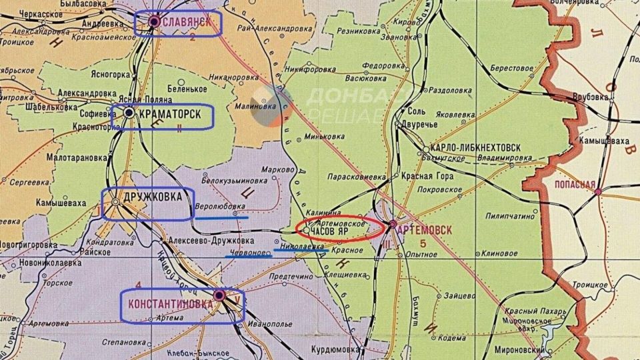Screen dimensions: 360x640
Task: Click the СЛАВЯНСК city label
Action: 187,22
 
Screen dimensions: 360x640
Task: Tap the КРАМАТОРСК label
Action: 170,114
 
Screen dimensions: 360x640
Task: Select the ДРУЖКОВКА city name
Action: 153,198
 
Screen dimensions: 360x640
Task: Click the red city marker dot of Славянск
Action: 154,21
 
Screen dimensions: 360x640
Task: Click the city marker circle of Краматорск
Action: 129,113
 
